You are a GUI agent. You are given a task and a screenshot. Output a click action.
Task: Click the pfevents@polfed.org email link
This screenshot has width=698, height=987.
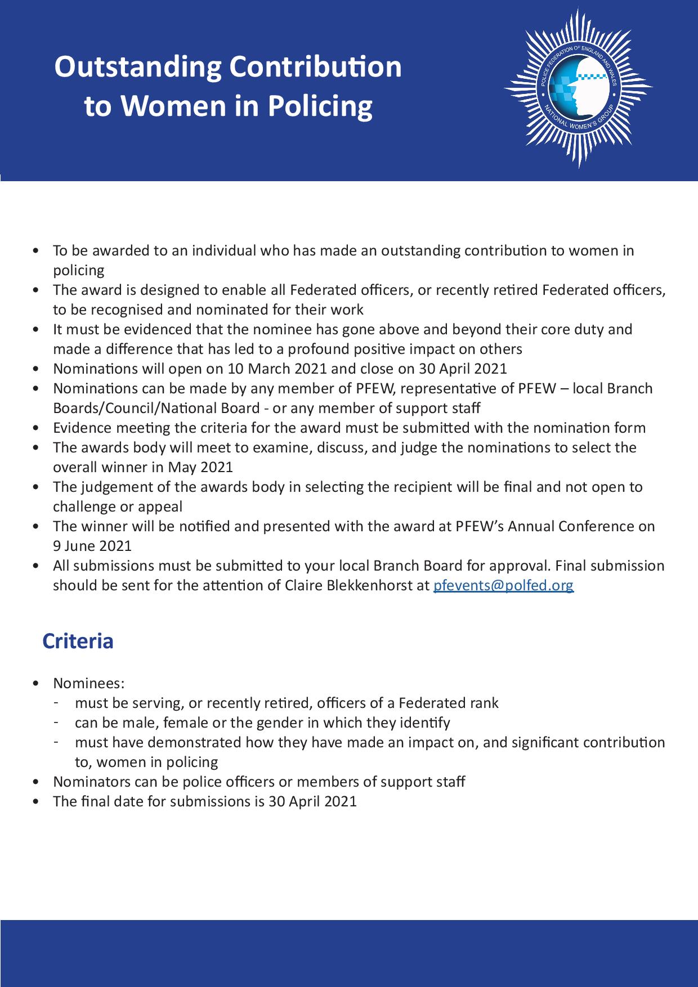[503, 585]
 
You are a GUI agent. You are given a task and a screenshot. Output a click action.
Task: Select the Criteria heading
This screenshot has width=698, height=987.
[78, 641]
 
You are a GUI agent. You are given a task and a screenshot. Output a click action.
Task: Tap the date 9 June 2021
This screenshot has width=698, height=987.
[92, 546]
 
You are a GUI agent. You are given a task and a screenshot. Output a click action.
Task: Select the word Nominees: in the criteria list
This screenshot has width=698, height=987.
[88, 683]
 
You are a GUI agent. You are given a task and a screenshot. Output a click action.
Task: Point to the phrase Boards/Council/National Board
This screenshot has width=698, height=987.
[151, 408]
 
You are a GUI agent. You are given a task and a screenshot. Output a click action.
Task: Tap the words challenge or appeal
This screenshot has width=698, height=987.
[118, 506]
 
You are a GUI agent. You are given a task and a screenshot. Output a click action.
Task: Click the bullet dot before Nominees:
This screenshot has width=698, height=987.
[37, 684]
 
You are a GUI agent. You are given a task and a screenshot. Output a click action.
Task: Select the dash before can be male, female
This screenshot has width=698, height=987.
[57, 721]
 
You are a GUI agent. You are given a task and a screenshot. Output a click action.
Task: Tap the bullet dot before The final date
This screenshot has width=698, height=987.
[37, 802]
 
